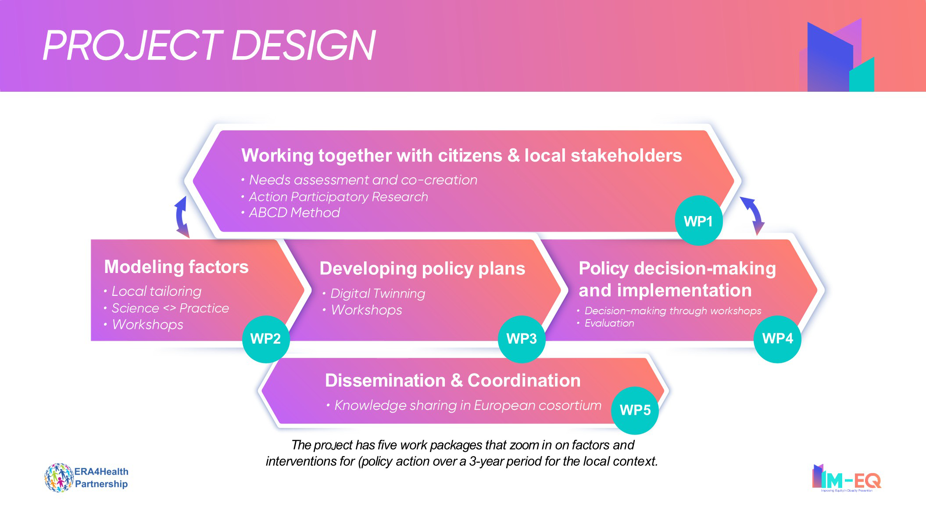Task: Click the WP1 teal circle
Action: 699,220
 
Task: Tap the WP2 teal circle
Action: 266,339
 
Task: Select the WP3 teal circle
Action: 522,339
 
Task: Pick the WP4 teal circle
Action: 777,339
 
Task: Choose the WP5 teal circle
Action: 635,410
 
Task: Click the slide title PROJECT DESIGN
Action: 209,45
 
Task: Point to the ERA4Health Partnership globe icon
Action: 59,478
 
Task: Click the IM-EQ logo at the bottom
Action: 847,478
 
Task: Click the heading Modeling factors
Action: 176,267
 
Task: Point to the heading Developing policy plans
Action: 422,269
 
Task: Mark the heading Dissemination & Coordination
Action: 453,381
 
